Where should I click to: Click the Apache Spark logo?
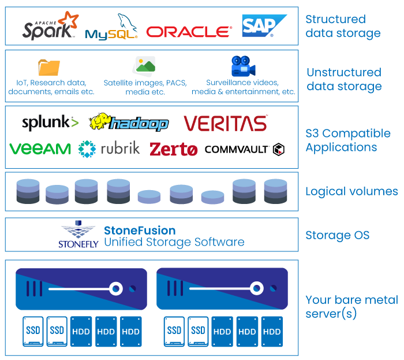(49, 27)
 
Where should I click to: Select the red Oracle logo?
(189, 31)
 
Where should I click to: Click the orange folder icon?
(49, 67)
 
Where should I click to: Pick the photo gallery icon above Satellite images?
(144, 66)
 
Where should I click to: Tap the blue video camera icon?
(242, 66)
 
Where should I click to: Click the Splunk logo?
(50, 123)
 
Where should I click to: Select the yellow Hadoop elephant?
(100, 121)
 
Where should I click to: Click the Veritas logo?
(226, 123)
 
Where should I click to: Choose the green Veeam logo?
(40, 149)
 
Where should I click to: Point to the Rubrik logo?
(109, 149)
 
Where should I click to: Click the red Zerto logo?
(174, 149)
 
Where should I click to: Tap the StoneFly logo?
(77, 235)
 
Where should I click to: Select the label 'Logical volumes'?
(351, 191)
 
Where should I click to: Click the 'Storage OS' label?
(337, 235)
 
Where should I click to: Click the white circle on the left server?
(116, 288)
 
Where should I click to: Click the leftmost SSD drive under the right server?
(174, 331)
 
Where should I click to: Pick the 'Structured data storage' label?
(343, 27)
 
